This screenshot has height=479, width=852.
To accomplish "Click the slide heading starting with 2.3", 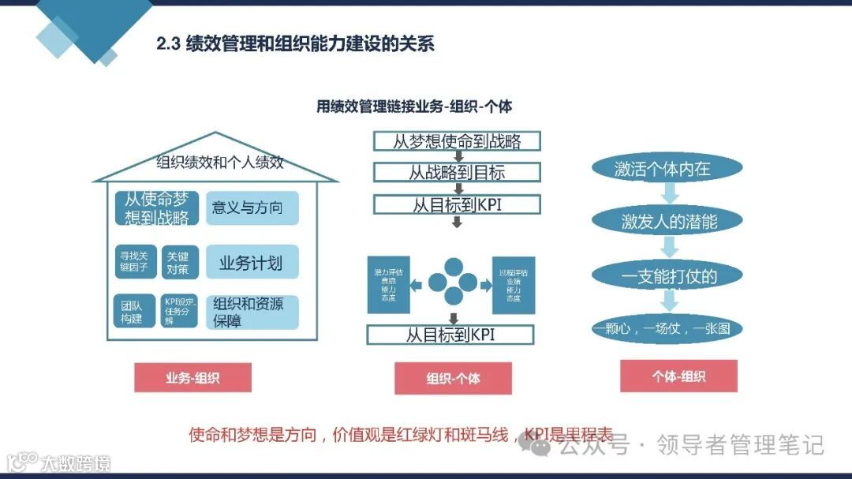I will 295,43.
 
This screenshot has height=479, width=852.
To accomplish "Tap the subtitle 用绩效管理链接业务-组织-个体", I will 413,106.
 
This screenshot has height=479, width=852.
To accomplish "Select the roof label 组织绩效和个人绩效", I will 219,163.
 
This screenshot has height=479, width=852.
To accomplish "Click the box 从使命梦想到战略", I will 156,208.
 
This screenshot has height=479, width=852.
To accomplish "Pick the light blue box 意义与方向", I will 252,208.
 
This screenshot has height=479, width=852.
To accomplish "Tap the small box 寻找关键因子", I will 134,261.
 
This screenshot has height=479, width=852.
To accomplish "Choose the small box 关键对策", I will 177,262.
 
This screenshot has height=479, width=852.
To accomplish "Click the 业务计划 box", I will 252,262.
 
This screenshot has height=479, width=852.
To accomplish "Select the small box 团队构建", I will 134,311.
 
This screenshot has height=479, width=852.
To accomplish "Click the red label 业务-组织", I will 192,377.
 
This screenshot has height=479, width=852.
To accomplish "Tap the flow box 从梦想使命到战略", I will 457,142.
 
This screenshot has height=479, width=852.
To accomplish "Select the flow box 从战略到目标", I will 457,173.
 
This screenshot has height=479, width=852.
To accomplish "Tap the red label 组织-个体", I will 453,378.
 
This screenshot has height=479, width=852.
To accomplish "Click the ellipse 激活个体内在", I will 667,168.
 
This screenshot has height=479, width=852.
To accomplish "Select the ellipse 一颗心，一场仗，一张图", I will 667,328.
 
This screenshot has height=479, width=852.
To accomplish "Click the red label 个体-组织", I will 678,376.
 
